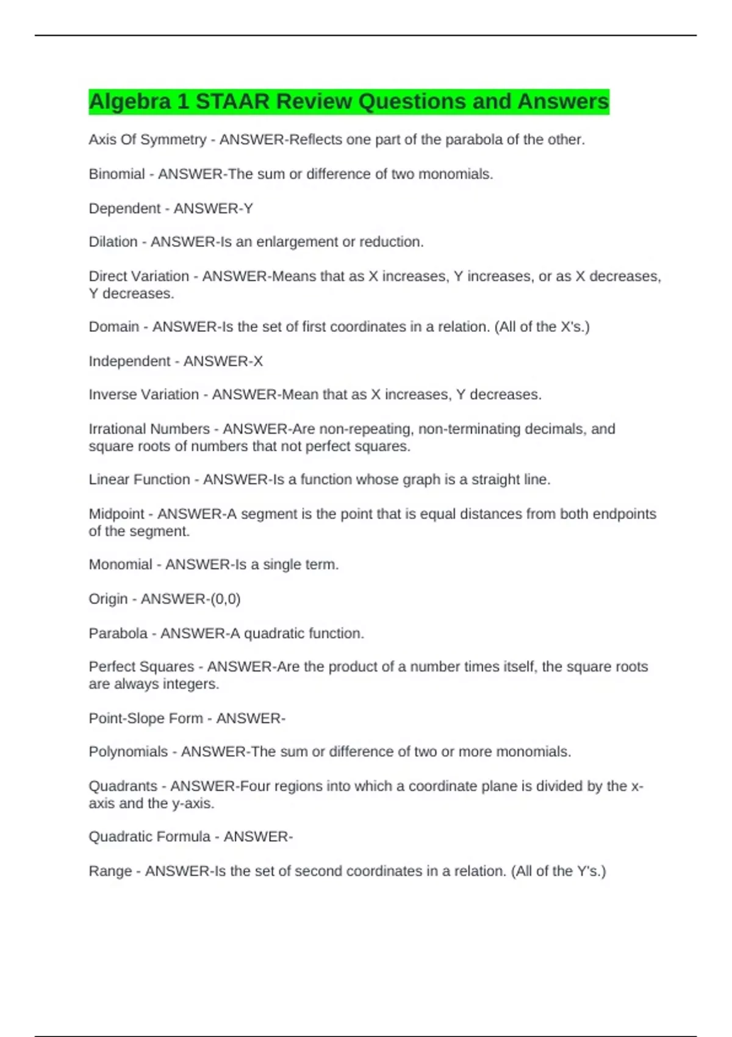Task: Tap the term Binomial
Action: (117, 174)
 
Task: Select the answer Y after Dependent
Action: (248, 209)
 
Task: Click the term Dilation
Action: (113, 242)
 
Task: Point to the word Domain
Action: (113, 327)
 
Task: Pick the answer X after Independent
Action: (258, 361)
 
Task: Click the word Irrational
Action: (118, 429)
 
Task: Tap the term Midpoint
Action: (117, 514)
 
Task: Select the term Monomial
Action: (120, 565)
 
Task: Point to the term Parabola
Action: (118, 633)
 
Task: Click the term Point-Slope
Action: (127, 719)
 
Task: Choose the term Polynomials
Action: (128, 752)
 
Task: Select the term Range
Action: (110, 871)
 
